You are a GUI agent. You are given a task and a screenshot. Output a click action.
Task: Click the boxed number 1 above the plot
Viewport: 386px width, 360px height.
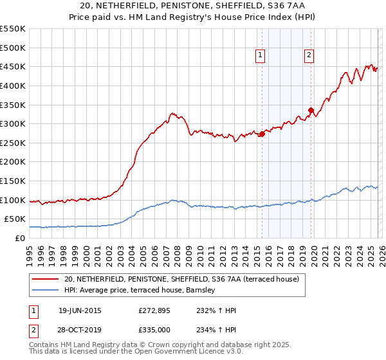point(261,56)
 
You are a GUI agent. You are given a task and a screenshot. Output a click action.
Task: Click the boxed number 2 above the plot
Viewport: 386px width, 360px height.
point(309,56)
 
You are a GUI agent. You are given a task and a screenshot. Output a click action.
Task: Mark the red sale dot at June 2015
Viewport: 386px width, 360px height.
point(262,134)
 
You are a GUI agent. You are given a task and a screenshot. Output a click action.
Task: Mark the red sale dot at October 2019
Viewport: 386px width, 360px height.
point(311,110)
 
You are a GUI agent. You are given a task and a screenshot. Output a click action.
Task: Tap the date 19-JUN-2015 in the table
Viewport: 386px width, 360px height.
point(79,310)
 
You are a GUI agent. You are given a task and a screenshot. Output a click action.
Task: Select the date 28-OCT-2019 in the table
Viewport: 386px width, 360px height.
point(79,330)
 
